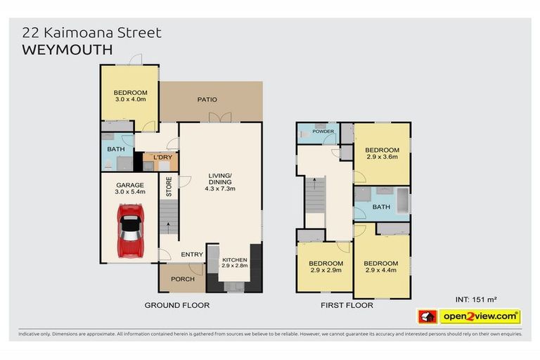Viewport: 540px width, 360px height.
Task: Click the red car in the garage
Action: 129,230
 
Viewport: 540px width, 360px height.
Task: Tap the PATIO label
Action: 207,100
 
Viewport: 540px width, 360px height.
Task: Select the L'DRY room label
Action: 162,157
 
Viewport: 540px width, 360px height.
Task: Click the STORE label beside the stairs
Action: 169,186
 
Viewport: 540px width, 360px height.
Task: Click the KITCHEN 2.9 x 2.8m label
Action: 235,263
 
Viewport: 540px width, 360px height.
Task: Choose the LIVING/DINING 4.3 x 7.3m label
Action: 219,183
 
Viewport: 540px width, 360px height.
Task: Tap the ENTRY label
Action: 192,254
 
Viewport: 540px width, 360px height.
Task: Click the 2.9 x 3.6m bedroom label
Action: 382,153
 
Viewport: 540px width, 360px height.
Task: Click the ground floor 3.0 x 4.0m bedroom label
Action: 130,96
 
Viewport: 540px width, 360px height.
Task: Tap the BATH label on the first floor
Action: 381,207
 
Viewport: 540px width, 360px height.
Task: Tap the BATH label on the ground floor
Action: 115,149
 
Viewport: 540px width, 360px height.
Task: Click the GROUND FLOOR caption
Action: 176,305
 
